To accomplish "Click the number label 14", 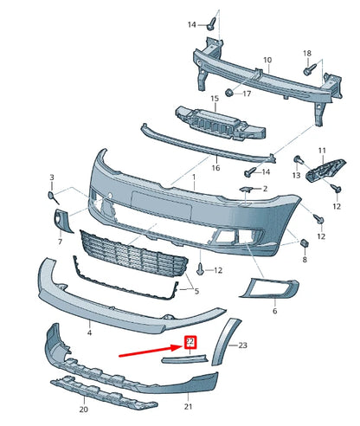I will point(192,25).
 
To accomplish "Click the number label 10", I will point(267,61).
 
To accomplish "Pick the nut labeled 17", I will point(229,92).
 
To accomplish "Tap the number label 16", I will point(215,167).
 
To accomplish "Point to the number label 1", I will point(195,177).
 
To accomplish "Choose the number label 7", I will point(60,242).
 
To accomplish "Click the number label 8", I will point(305,259).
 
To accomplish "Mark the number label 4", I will point(89,332).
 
